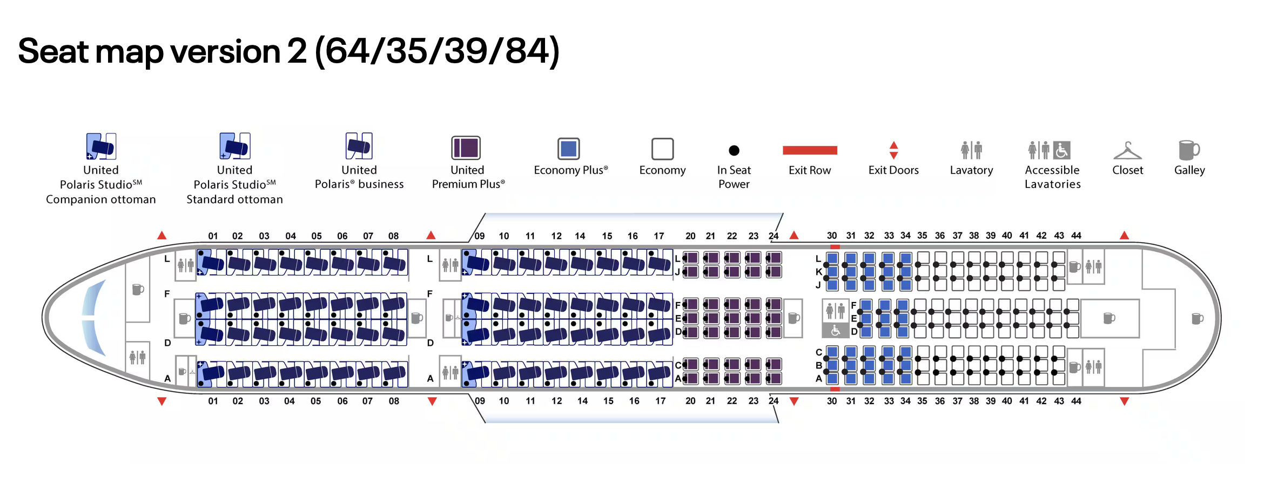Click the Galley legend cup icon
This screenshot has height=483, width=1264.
coord(1189,150)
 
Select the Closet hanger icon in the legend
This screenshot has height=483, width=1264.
coord(1127,151)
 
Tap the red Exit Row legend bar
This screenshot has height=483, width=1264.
coord(809,150)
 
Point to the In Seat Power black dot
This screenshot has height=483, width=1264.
coord(734,150)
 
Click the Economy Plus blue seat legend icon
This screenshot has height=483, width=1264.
coord(568,149)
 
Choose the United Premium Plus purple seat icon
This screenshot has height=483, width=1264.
coord(466,148)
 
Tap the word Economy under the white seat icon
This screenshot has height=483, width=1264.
coord(662,170)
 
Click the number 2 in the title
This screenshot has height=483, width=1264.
coord(297,52)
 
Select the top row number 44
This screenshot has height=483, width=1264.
coord(1076,236)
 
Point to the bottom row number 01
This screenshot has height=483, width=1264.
coord(213,401)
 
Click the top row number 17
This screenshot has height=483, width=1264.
coord(658,236)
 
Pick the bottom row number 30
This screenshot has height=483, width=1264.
coord(832,401)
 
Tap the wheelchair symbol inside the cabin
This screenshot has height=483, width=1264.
coord(835,330)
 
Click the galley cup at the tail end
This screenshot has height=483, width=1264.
coord(1197,318)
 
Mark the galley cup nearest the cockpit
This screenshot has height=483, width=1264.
coord(138,289)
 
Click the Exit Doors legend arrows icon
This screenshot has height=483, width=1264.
coord(893,150)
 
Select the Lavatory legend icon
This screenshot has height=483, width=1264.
coord(971,150)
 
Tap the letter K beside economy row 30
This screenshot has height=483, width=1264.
coord(819,272)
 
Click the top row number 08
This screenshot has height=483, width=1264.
coord(393,236)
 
